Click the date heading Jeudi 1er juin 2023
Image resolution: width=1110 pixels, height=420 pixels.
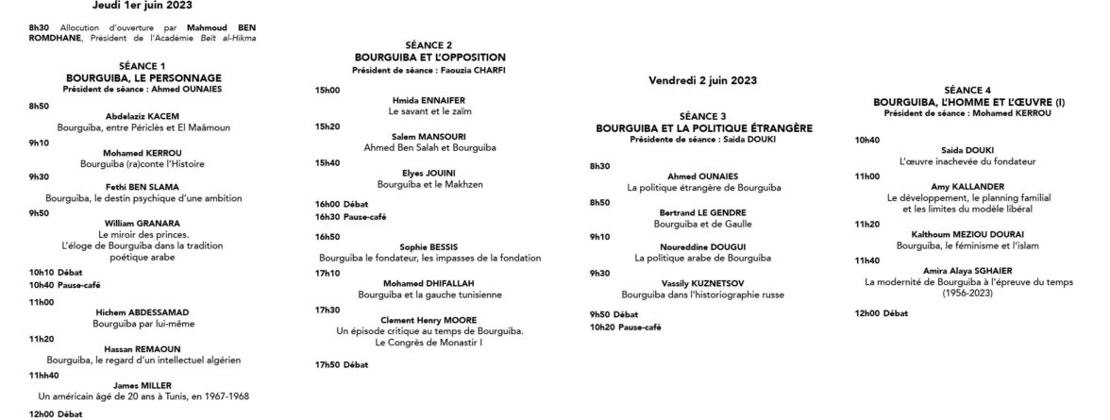(x=143, y=5)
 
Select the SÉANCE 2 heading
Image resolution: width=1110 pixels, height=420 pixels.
(x=429, y=45)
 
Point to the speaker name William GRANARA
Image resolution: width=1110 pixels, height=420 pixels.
(x=143, y=223)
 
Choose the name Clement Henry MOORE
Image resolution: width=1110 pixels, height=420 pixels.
(x=429, y=319)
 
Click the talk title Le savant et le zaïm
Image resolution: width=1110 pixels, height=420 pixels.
(x=429, y=110)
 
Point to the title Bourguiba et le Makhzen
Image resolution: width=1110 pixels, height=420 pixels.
(x=429, y=183)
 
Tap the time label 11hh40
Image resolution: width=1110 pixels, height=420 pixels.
(x=45, y=374)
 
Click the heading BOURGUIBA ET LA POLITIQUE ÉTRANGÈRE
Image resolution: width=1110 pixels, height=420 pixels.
(x=704, y=126)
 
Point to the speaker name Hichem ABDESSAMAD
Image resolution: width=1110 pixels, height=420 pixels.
(x=143, y=312)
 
